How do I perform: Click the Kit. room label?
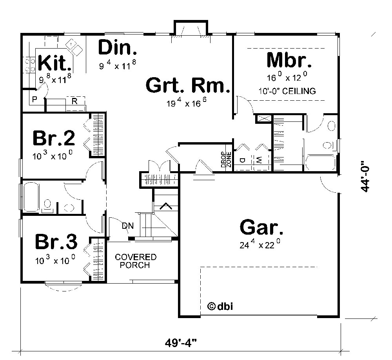point(54,62)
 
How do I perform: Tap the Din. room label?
point(118,47)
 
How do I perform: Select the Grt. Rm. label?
point(187,86)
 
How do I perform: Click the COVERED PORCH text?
point(135,261)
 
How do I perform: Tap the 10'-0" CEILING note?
point(287,91)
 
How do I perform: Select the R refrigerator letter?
point(74,101)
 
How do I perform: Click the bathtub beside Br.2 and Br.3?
point(31,197)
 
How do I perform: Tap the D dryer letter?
point(242,160)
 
